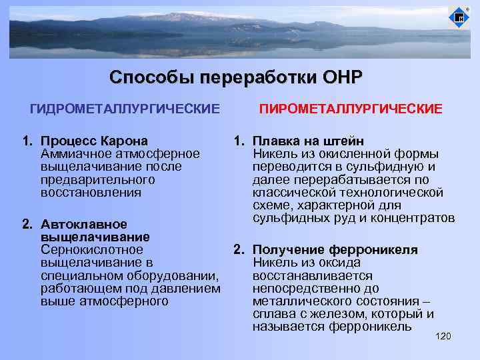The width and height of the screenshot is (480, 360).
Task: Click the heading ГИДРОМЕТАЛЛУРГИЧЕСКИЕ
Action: pyautogui.click(x=125, y=108)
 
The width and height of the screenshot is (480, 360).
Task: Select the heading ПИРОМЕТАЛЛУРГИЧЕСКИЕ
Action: pyautogui.click(x=350, y=108)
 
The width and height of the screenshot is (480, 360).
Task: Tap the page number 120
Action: pyautogui.click(x=443, y=336)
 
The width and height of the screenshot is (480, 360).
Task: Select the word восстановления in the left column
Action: pyautogui.click(x=91, y=192)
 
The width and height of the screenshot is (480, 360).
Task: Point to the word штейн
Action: pyautogui.click(x=345, y=141)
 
